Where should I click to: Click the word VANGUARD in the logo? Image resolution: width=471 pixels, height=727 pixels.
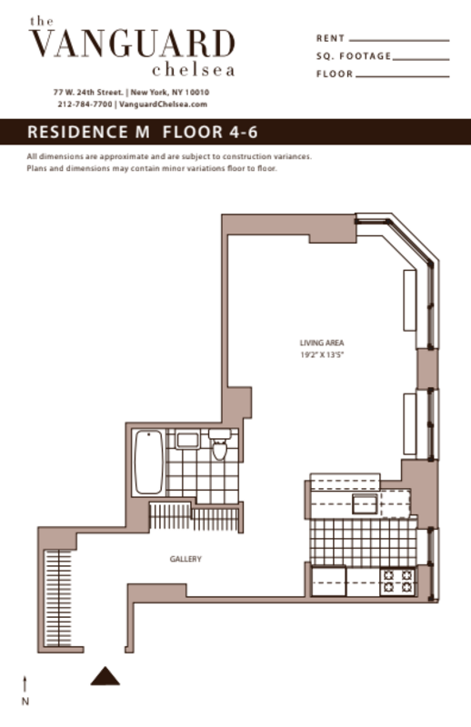point(132,44)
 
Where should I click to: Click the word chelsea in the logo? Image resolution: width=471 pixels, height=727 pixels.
point(194,69)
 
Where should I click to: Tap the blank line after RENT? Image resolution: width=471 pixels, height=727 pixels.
point(398,40)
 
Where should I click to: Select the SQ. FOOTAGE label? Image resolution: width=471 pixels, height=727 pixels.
point(354,56)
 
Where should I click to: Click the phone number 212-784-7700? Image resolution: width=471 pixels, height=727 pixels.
point(85,105)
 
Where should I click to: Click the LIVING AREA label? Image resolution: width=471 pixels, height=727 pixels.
point(322,343)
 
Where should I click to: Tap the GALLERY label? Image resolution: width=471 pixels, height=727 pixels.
point(185,559)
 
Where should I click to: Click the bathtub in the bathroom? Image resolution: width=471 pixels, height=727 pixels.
point(148,461)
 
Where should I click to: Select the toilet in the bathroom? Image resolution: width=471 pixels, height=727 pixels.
point(218,447)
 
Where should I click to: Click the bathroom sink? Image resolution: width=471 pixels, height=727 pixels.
point(187,441)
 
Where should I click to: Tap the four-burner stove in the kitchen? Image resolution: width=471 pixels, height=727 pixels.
point(397,581)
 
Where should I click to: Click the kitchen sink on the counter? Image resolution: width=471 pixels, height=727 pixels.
point(366,505)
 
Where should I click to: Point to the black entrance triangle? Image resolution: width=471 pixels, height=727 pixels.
point(105,676)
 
